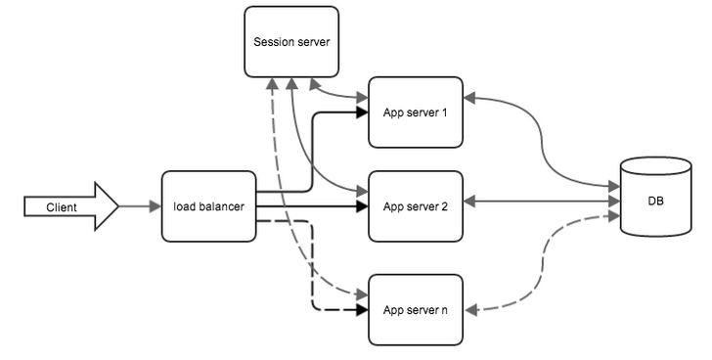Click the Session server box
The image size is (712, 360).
point(291,41)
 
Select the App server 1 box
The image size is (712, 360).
point(415,112)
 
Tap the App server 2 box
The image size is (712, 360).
point(415,206)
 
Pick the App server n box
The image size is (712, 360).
point(415,310)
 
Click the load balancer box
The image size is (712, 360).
point(208,206)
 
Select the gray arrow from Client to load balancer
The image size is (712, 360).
point(140,206)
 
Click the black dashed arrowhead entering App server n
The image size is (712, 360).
point(362,310)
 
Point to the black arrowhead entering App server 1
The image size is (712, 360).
point(362,112)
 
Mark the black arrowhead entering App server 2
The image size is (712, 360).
point(362,206)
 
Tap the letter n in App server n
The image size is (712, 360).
point(445,310)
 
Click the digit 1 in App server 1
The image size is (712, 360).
point(444,112)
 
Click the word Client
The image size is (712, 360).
point(62,206)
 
